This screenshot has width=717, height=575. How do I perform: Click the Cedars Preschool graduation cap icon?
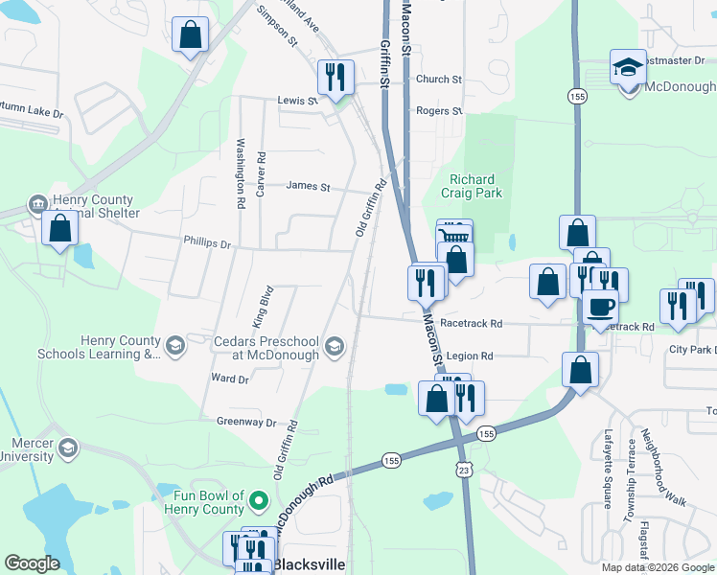(x=335, y=346)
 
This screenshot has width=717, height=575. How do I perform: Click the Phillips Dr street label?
(x=208, y=244)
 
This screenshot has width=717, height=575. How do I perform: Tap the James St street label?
(x=307, y=187)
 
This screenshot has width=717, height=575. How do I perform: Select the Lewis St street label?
(x=297, y=100)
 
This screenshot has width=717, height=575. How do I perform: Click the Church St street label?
(x=438, y=80)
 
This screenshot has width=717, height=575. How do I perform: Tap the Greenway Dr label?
(x=245, y=422)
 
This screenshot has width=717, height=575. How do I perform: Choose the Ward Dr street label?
(x=230, y=379)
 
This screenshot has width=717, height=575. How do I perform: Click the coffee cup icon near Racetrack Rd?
(x=600, y=307)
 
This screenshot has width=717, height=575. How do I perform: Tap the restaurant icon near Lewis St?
(x=335, y=76)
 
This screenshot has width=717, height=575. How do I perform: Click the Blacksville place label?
(x=308, y=564)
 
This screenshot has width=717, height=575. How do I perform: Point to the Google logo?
(x=32, y=563)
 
